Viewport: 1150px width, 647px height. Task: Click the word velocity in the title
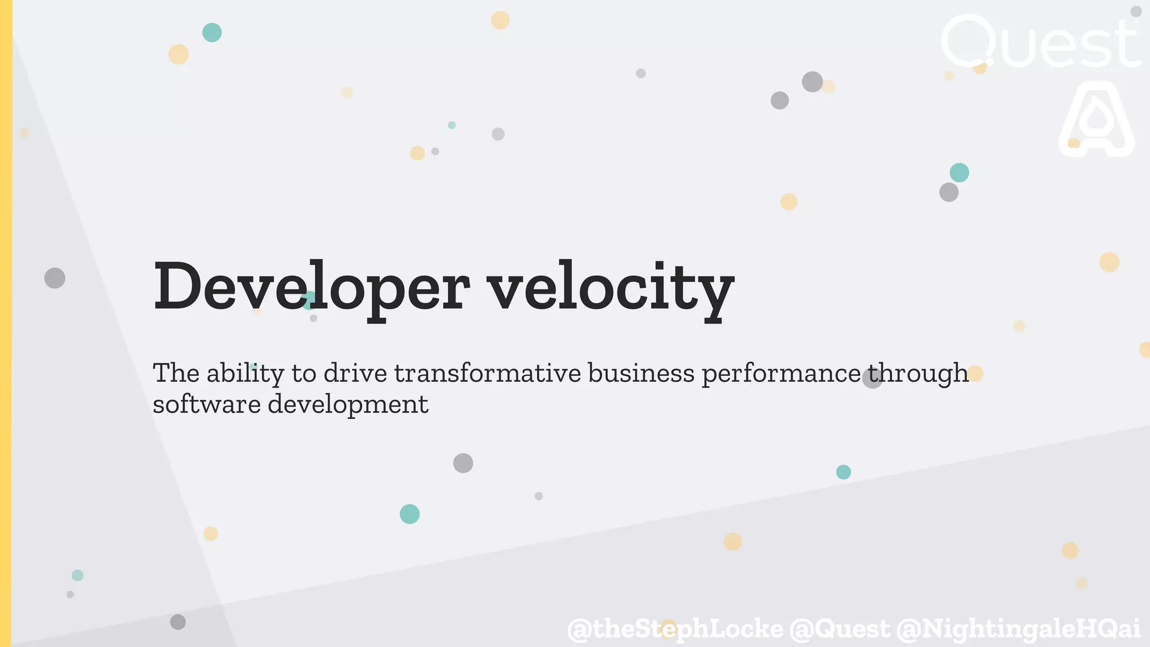610,287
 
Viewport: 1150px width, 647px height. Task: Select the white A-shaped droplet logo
1096,120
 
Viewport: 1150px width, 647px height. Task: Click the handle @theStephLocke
675,628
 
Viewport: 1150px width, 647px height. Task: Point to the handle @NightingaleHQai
1018,628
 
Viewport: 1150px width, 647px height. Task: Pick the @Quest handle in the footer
839,628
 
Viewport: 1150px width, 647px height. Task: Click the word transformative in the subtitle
487,373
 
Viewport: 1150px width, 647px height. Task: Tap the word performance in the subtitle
781,373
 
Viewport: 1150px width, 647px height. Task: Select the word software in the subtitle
206,404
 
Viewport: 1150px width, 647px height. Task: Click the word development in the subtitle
348,404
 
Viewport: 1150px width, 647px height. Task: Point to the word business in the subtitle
641,373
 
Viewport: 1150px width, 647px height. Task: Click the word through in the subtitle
919,373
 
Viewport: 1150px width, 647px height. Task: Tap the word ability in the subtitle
245,373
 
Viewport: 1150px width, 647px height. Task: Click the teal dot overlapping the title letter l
308,300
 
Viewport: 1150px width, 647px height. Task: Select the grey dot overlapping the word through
872,379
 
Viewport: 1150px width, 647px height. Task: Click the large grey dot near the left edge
54,278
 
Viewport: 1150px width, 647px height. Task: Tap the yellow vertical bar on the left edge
6,323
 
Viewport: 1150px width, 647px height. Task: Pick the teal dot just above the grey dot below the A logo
959,172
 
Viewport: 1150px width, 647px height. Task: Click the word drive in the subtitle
355,373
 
